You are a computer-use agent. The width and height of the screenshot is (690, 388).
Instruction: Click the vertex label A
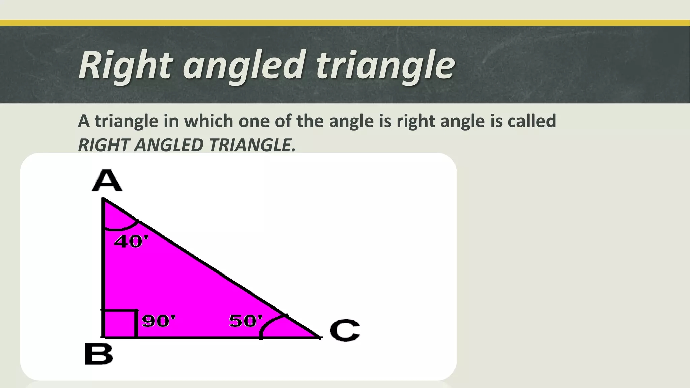106,181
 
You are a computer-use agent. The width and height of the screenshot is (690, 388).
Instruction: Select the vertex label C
344,330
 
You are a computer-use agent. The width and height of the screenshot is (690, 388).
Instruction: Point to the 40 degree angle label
131,241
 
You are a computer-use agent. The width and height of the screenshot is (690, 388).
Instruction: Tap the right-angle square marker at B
120,323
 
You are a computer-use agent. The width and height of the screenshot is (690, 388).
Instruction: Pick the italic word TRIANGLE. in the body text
252,145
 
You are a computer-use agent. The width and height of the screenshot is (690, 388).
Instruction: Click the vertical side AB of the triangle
103,269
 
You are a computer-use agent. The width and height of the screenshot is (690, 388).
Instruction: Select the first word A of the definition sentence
84,121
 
